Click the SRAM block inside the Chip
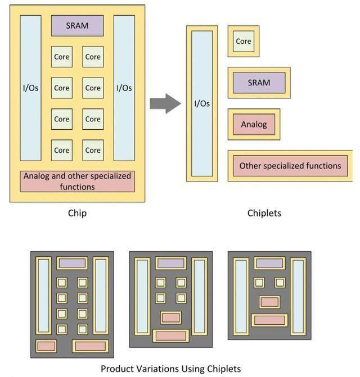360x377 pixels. tap(78, 26)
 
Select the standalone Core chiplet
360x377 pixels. tap(244, 41)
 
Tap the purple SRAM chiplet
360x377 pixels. tap(259, 83)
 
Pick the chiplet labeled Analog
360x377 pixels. tap(254, 124)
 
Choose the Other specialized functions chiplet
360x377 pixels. tap(290, 166)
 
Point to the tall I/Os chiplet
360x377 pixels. tap(202, 103)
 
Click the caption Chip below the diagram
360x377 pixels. tap(77, 214)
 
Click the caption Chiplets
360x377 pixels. tap(264, 214)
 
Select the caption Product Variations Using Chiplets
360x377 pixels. tap(170, 369)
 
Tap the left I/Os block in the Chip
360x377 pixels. tap(31, 88)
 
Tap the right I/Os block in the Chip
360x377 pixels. tap(124, 88)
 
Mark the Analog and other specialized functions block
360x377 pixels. tap(78, 181)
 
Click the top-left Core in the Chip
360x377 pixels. tap(62, 57)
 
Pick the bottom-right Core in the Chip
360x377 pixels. tap(93, 150)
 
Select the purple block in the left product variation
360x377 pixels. tap(72, 263)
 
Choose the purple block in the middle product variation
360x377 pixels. tap(171, 263)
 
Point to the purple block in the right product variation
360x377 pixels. tap(269, 263)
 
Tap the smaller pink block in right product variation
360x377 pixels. tap(269, 302)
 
